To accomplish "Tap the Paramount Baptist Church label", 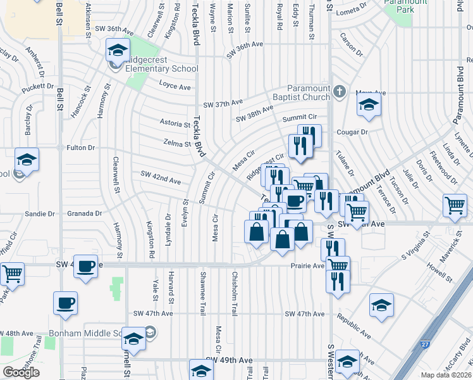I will pyautogui.click(x=309, y=92).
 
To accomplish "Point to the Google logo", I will pyautogui.click(x=21, y=372).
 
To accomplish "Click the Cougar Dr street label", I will pyautogui.click(x=353, y=132).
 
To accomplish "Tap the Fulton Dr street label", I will pyautogui.click(x=80, y=148).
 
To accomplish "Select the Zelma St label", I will pyautogui.click(x=177, y=144).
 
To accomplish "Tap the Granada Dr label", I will pyautogui.click(x=90, y=213).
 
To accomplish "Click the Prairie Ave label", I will pyautogui.click(x=307, y=266).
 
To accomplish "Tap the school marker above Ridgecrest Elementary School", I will pyautogui.click(x=118, y=51).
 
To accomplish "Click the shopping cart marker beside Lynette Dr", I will pyautogui.click(x=456, y=206).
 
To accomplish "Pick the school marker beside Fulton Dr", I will pyautogui.click(x=27, y=160).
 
